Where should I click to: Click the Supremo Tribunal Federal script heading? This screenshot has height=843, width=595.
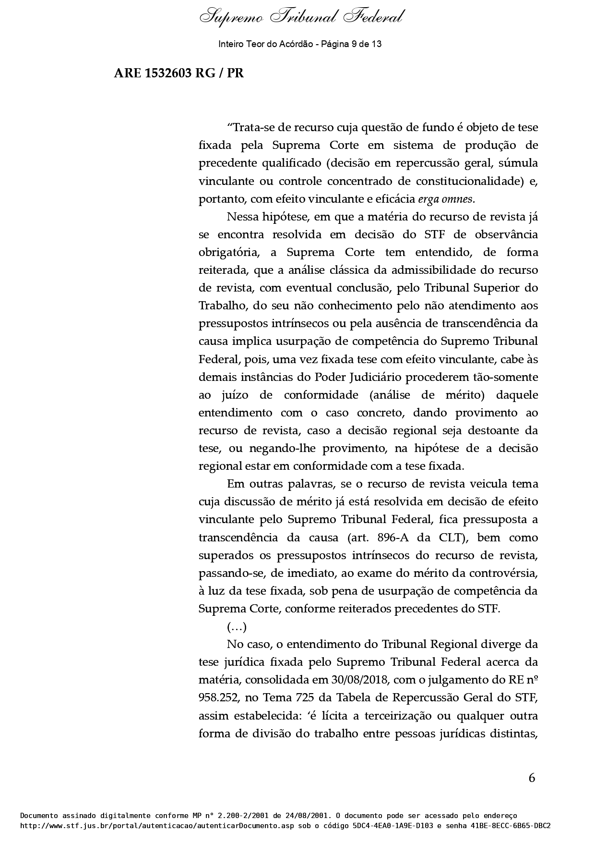click(301, 17)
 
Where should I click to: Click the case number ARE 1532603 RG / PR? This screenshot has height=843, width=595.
click(178, 73)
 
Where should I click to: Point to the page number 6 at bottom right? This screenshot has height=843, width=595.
click(532, 778)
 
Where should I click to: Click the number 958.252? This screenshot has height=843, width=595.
click(218, 698)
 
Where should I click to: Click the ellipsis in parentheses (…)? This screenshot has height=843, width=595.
click(237, 627)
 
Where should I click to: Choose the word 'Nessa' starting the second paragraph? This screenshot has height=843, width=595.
click(242, 217)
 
